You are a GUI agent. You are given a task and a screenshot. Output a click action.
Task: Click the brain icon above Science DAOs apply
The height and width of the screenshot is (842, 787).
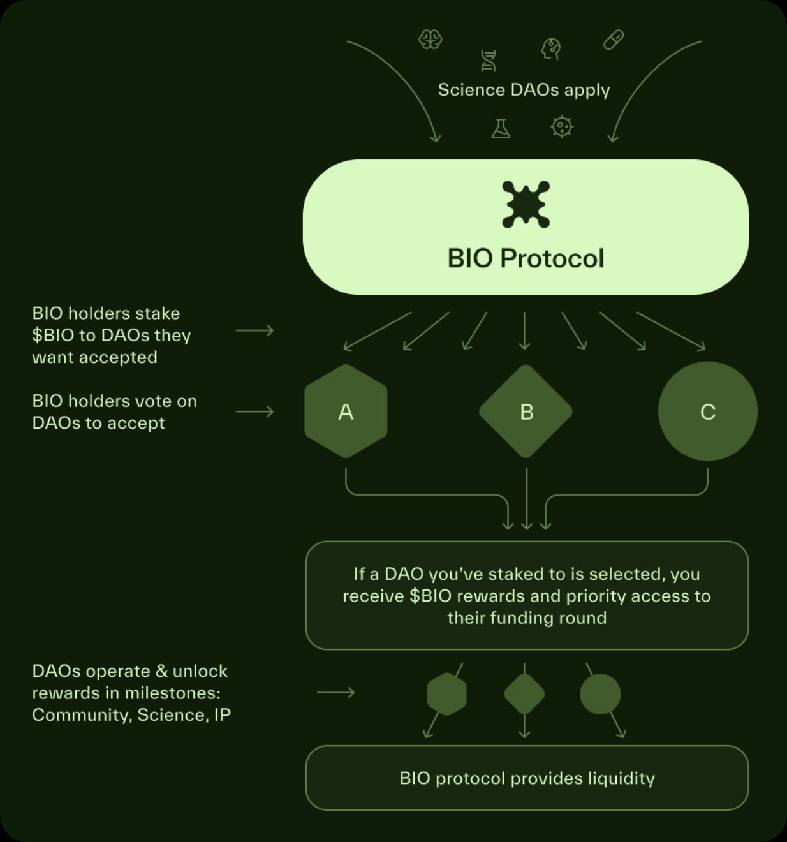tap(430, 40)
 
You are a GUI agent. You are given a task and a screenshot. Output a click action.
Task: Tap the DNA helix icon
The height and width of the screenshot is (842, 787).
tap(488, 61)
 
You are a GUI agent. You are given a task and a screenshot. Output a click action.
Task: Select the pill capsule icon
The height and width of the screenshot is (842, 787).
tap(614, 40)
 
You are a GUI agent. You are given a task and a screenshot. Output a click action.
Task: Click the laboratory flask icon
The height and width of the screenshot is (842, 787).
tap(501, 129)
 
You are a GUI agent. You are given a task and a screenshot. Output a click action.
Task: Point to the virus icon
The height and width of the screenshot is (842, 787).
tap(562, 127)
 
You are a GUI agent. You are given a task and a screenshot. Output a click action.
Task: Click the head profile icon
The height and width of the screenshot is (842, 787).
tap(551, 48)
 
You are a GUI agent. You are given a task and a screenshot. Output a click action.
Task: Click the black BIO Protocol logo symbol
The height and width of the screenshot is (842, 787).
tap(526, 204)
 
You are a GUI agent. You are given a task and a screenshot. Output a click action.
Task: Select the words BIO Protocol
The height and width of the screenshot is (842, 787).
tap(526, 258)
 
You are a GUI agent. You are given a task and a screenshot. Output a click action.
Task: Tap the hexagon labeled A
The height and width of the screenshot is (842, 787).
tap(346, 411)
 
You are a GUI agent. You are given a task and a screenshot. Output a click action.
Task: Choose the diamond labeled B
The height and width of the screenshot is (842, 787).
tap(526, 411)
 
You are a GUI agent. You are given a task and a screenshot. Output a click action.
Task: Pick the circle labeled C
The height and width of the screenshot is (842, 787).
tap(708, 411)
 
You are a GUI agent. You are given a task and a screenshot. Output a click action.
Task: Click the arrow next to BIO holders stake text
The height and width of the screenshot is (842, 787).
tap(254, 330)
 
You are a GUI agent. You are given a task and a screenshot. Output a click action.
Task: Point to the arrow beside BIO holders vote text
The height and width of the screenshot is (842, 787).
tap(254, 412)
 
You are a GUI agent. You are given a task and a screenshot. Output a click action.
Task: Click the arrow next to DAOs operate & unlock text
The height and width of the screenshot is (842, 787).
tap(335, 693)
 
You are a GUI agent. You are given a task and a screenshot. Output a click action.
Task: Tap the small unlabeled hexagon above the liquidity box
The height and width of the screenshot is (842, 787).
tap(446, 694)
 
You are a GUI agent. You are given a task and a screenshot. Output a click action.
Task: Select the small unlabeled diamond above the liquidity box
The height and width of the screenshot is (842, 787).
tap(524, 694)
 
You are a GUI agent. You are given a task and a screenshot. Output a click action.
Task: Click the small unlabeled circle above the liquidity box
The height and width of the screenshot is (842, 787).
tap(600, 694)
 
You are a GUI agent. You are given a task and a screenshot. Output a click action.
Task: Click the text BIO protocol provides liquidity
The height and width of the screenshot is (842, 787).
tap(527, 778)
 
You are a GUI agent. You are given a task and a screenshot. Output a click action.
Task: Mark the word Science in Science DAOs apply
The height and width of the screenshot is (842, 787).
tap(471, 90)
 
